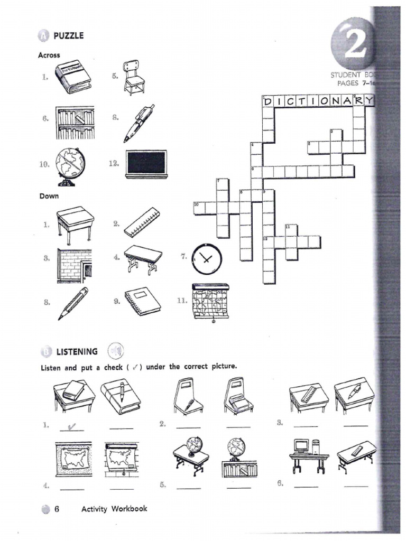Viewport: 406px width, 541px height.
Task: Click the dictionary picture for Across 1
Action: [73, 77]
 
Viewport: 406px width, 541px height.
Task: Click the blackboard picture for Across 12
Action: [147, 163]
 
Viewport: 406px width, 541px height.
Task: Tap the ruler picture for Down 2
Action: [142, 222]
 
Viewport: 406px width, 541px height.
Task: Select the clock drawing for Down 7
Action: [207, 259]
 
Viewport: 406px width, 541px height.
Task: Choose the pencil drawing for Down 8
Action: [73, 303]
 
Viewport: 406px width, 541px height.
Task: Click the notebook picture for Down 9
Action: [142, 301]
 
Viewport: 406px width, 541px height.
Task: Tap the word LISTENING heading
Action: [77, 351]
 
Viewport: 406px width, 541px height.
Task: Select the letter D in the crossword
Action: [267, 100]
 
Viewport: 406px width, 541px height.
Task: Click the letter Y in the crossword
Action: [368, 100]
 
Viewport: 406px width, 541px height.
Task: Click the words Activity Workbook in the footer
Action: [114, 509]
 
